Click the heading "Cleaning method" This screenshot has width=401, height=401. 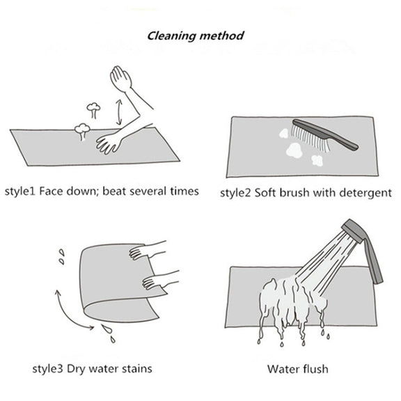(x=196, y=36)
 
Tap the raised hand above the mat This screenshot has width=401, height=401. (x=120, y=78)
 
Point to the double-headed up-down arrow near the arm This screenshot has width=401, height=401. (x=118, y=112)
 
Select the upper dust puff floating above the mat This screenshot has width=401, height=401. (x=93, y=109)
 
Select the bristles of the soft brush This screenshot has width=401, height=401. (x=309, y=138)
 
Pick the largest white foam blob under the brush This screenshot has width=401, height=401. (x=294, y=150)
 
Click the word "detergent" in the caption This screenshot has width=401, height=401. (x=365, y=193)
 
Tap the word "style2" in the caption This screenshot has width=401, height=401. (x=235, y=193)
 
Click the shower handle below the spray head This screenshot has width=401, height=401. (x=374, y=262)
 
